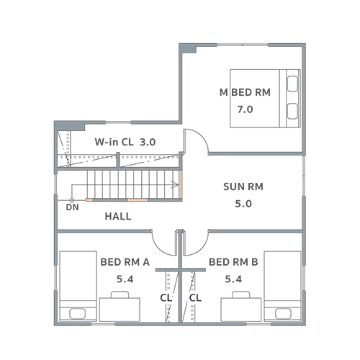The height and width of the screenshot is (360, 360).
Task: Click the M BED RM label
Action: [245, 92]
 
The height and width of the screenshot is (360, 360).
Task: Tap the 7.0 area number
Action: [245, 109]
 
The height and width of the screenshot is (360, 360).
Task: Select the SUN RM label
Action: [243, 186]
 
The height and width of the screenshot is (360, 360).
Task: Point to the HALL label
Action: [118, 217]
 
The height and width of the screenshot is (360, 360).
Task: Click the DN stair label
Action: [72, 207]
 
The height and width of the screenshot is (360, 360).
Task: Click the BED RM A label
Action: [125, 262]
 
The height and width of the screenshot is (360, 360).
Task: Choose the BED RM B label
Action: [233, 262]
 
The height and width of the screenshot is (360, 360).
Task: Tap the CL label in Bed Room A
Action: [166, 298]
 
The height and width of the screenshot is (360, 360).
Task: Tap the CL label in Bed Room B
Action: [195, 298]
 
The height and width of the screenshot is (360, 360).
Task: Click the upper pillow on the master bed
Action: [292, 84]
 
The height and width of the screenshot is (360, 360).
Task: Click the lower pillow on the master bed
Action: [292, 111]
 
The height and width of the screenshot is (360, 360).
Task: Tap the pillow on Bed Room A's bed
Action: [77, 314]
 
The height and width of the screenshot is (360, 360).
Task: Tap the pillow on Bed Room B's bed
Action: [283, 314]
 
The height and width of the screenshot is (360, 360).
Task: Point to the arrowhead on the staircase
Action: [175, 185]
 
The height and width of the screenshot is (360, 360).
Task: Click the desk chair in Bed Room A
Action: [120, 294]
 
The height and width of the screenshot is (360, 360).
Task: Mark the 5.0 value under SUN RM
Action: [243, 204]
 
